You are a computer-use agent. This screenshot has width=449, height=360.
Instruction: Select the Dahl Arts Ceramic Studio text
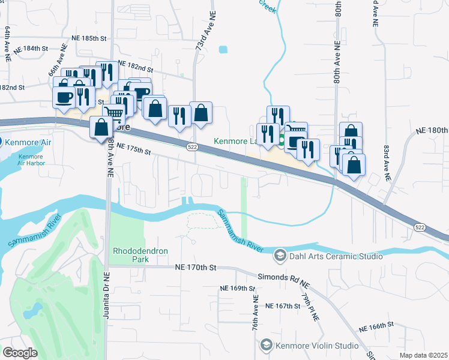tap(336, 256)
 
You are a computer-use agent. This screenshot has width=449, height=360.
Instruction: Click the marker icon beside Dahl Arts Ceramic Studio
tap(280, 256)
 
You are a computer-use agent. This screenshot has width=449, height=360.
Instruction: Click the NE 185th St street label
tap(88, 38)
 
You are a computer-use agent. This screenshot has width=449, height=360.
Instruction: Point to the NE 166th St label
tap(376, 327)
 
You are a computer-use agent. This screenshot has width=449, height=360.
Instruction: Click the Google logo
tap(20, 353)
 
